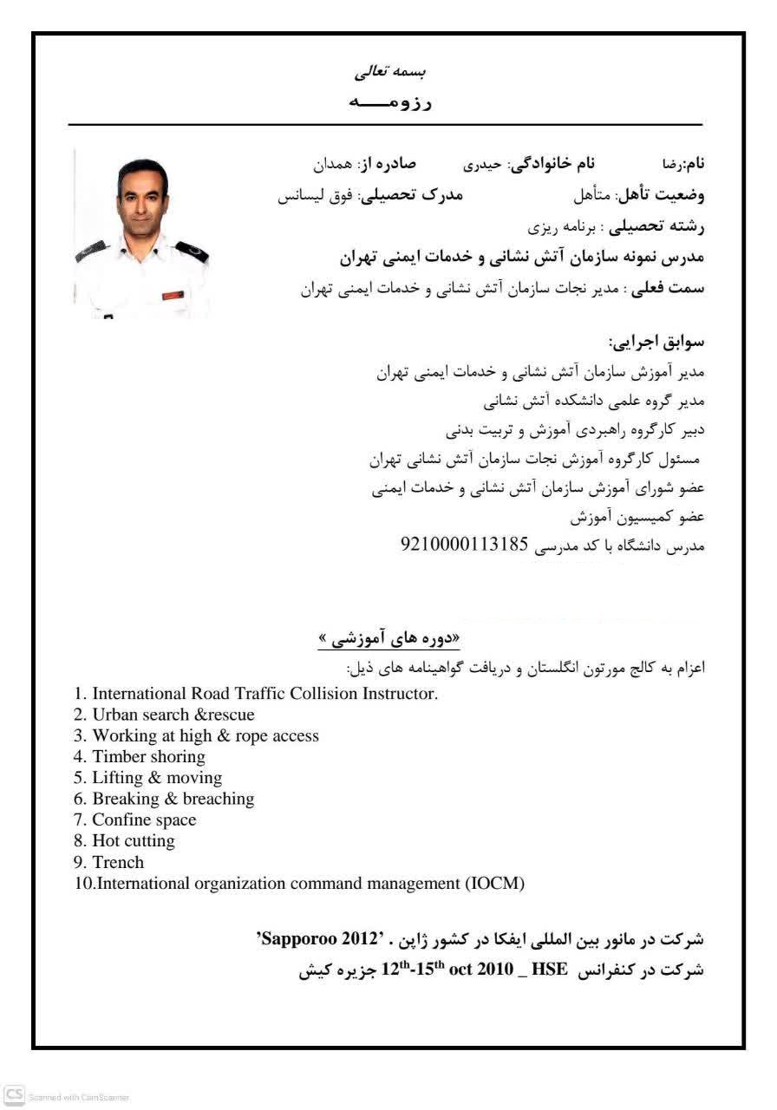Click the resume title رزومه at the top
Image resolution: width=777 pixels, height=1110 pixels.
389,102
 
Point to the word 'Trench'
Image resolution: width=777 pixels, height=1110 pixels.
118,862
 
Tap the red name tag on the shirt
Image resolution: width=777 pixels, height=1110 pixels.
173,296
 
